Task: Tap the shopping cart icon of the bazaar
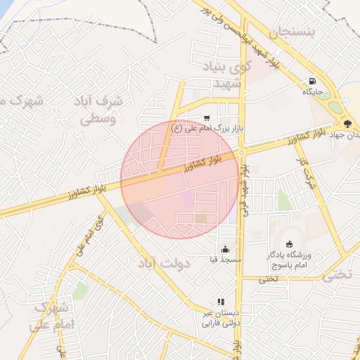pyautogui.click(x=206, y=118)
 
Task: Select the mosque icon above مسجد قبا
pyautogui.click(x=225, y=249)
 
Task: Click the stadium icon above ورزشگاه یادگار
pyautogui.click(x=289, y=243)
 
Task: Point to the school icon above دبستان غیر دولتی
pyautogui.click(x=221, y=302)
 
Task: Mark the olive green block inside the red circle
pyautogui.click(x=202, y=219)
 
